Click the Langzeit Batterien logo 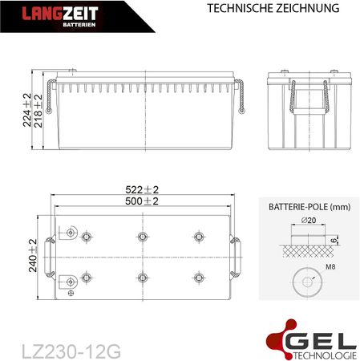[60, 17]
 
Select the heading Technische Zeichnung [273, 8]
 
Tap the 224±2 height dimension [27, 110]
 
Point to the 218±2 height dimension [38, 111]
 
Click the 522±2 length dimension [142, 189]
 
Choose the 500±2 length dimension [142, 201]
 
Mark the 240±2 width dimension [33, 256]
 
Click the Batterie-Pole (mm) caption [309, 207]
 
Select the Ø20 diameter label [309, 220]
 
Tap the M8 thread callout [330, 266]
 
